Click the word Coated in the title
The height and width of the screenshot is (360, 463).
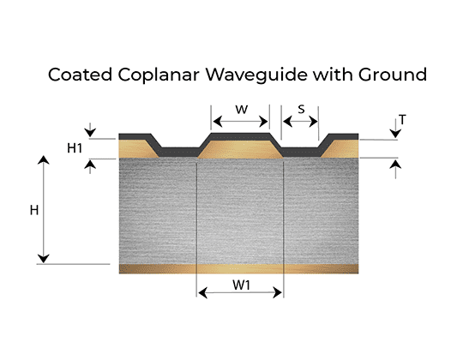[x=80, y=75]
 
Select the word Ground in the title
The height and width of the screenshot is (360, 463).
[x=393, y=75]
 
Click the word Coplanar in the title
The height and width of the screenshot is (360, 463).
[x=159, y=75]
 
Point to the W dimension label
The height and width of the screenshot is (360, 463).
[x=242, y=110]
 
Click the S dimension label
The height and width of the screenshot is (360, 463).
[x=301, y=109]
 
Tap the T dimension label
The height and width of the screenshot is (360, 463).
[x=402, y=120]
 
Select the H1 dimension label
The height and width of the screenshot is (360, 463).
[x=75, y=147]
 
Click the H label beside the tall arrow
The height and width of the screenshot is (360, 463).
[x=34, y=210]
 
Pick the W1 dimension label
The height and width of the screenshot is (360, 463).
[x=241, y=285]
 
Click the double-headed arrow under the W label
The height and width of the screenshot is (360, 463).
[x=240, y=121]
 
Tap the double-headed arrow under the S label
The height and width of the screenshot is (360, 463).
[x=300, y=121]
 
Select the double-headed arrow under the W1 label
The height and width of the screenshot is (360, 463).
[x=240, y=293]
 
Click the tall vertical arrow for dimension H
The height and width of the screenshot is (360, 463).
[x=44, y=209]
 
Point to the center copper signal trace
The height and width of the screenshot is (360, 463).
[x=240, y=150]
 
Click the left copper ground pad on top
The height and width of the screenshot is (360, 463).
[x=136, y=149]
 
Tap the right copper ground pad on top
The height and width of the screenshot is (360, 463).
[x=341, y=149]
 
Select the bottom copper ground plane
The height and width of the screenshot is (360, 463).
[x=238, y=269]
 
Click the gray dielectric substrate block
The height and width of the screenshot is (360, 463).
[x=238, y=211]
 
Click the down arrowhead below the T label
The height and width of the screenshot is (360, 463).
[x=395, y=134]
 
